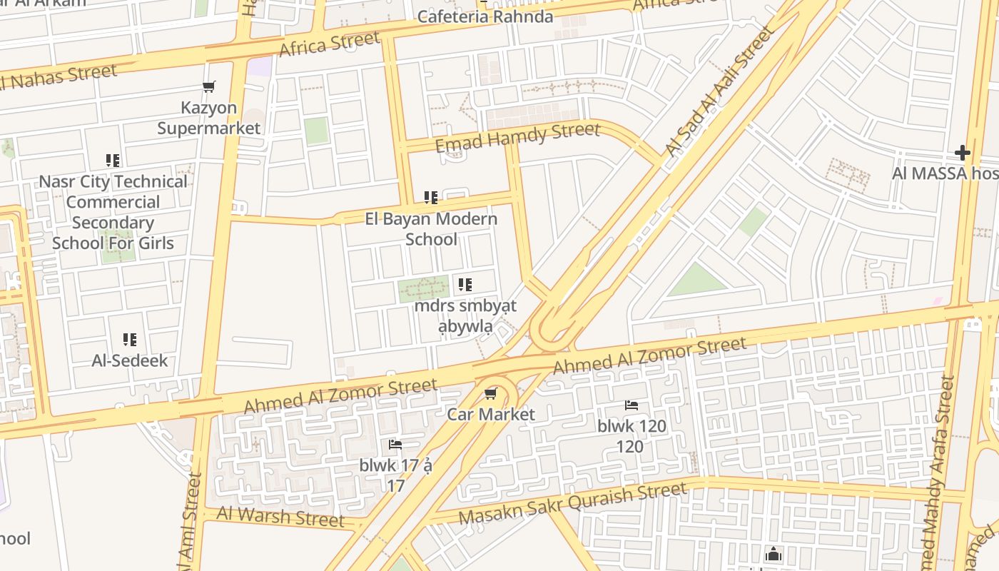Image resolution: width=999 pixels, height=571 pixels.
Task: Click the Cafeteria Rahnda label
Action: point(485,16)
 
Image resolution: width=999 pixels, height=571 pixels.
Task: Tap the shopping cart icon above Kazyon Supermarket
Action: point(209,87)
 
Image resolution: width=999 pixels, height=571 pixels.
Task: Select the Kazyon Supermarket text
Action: point(209,118)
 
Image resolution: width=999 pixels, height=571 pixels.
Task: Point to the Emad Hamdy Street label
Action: point(517,138)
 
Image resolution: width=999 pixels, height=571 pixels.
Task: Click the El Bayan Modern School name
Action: point(431,228)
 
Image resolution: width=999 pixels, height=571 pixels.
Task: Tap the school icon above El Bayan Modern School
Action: point(431,197)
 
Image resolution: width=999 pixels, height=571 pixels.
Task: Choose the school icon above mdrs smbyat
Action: point(465,285)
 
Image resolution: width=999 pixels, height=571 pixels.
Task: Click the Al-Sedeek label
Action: point(130,360)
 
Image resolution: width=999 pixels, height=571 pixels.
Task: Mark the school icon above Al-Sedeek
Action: point(129,340)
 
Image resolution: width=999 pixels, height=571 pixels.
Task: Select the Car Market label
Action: point(491,414)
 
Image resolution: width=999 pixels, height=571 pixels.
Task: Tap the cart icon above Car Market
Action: point(490,394)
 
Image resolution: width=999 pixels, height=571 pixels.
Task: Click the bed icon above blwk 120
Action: point(632,405)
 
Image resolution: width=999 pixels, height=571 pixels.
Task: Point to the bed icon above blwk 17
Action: point(395,445)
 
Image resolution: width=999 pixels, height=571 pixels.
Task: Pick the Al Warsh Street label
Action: point(280,515)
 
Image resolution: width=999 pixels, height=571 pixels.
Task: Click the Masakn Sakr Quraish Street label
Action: point(572,503)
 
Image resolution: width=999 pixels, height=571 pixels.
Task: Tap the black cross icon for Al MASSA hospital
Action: point(963,152)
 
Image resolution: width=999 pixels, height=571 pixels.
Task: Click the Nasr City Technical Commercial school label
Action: point(113,212)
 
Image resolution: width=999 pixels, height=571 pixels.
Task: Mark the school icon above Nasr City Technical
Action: point(113,161)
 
